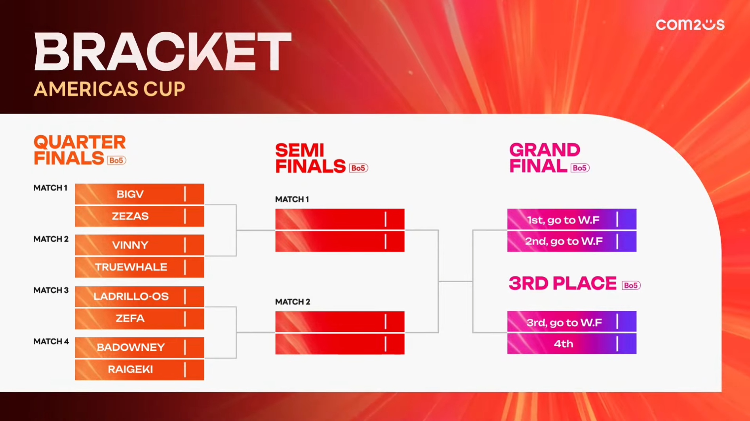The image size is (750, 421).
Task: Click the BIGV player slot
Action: coord(139,194)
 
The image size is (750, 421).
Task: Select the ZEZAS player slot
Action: coord(139,216)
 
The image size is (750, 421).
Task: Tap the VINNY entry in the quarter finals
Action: coord(139,245)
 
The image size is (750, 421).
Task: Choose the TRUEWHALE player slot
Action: coord(139,267)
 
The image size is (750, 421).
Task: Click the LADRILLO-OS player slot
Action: coord(139,297)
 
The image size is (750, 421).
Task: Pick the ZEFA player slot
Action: coord(139,319)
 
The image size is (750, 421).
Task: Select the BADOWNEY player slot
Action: coord(139,347)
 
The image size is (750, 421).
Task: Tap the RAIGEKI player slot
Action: coord(139,369)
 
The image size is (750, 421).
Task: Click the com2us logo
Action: coord(690,24)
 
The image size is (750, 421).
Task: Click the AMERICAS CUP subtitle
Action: coord(109,89)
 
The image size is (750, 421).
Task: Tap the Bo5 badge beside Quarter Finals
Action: coord(116,160)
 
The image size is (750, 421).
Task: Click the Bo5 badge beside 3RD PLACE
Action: coord(631,285)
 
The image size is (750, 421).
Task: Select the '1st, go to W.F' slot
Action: coord(572,219)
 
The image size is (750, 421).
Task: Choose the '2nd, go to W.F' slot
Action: coord(572,241)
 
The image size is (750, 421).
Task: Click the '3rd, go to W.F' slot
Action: coord(572,321)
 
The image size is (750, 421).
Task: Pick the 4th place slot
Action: coord(572,344)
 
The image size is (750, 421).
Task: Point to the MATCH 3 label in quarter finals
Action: coord(51,290)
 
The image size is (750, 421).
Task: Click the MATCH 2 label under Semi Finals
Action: coord(293,302)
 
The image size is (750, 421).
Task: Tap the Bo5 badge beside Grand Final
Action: coord(580,168)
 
